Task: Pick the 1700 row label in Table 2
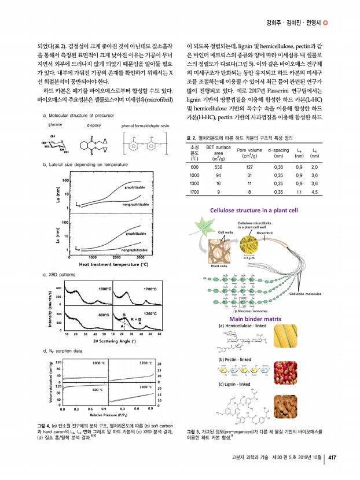coord(195,191)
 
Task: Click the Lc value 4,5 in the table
coord(314,191)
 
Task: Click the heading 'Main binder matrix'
coord(255,319)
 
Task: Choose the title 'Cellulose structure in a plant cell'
coord(255,210)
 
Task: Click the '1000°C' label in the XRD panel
coord(105,288)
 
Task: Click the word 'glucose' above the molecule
coord(55,124)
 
